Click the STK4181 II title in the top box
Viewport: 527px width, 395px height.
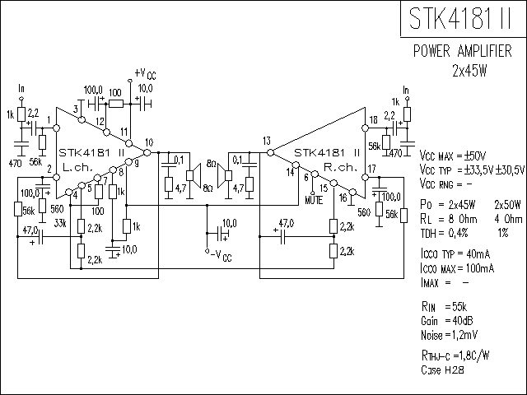tap(459, 18)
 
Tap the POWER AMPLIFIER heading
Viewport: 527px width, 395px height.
tap(463, 51)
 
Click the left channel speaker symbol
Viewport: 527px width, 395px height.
tap(194, 175)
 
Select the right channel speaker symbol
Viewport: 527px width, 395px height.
tap(224, 175)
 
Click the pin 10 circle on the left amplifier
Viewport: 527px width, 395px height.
tap(147, 153)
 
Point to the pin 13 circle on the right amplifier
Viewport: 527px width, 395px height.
tap(271, 153)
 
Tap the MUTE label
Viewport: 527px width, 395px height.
tap(314, 200)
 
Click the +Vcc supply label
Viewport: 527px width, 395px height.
tap(145, 73)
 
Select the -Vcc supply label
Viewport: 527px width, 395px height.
tap(222, 256)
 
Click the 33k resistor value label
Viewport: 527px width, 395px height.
tap(60, 223)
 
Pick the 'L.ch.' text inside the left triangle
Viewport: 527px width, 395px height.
tap(77, 167)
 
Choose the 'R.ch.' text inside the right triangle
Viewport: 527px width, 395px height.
tap(340, 167)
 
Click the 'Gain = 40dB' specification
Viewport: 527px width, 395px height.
tap(446, 321)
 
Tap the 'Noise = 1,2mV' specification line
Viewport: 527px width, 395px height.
tap(449, 335)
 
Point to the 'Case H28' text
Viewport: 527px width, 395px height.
tap(442, 370)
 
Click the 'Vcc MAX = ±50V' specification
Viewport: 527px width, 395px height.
tap(453, 156)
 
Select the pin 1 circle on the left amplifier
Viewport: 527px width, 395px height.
tap(57, 128)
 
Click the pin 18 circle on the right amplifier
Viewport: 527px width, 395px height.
tap(365, 128)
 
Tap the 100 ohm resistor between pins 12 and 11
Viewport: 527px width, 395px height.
tap(116, 105)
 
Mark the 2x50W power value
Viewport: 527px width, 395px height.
tap(507, 205)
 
